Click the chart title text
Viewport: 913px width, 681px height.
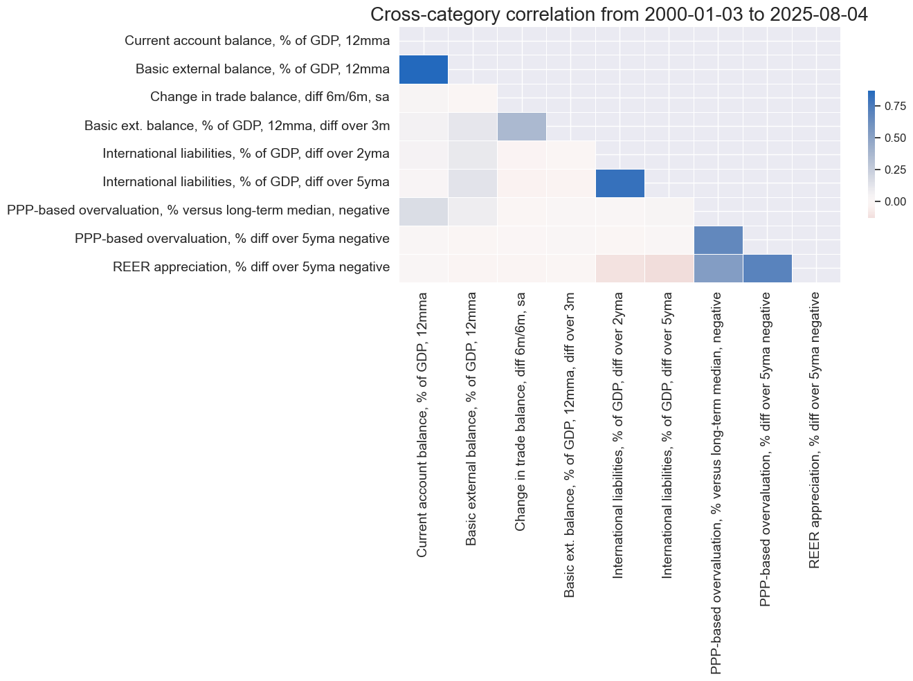(x=620, y=15)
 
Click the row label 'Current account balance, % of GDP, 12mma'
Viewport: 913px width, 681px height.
(x=257, y=41)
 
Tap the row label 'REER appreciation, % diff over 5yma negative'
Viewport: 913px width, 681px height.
(x=251, y=266)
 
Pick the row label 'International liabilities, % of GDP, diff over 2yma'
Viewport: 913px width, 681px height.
(x=246, y=154)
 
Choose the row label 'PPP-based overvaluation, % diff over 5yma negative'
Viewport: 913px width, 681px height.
(x=232, y=239)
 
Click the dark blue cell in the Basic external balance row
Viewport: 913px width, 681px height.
(x=424, y=69)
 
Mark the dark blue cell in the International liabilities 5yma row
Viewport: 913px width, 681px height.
(x=620, y=183)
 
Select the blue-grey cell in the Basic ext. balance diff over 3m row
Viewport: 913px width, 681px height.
(x=521, y=126)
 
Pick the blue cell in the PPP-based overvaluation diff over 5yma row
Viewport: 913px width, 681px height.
(x=718, y=239)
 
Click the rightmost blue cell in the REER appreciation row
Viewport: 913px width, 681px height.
(x=767, y=268)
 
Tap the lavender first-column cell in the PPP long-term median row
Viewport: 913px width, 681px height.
(x=424, y=211)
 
